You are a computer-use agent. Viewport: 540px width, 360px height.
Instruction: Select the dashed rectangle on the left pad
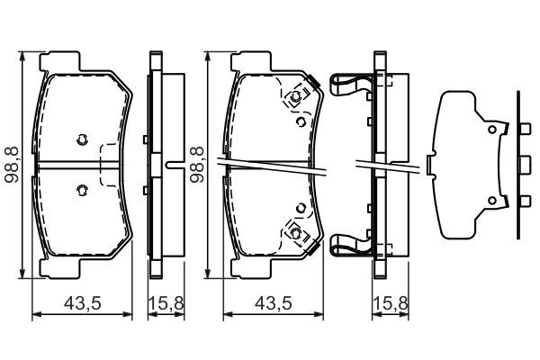110,166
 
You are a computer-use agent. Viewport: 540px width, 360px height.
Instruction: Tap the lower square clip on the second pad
294,233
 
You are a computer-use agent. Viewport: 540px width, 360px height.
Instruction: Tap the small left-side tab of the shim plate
429,165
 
